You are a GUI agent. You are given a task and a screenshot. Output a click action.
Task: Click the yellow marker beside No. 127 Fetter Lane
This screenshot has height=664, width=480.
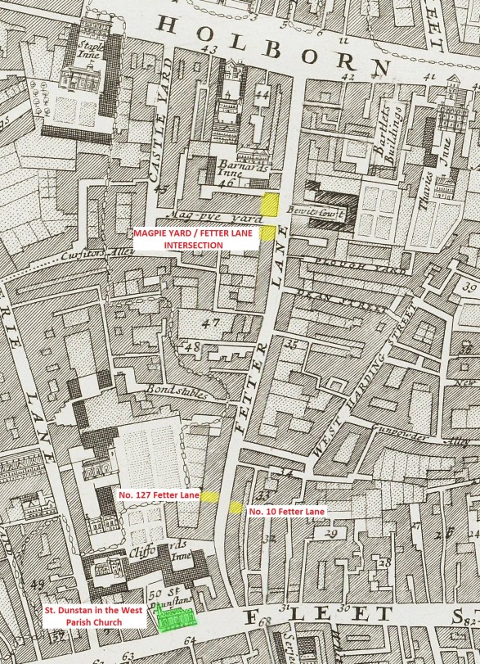click(x=209, y=495)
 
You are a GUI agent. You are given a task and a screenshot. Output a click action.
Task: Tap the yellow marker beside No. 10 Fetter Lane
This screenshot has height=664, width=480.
click(x=236, y=508)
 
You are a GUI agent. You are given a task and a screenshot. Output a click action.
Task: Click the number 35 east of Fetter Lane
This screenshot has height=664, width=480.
click(x=289, y=345)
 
